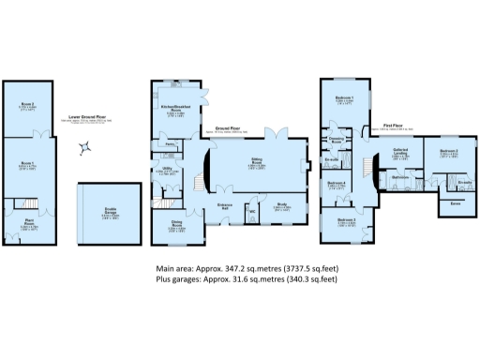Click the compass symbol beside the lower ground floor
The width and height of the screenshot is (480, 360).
tap(85, 146)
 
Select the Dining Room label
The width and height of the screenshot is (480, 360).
tap(176, 223)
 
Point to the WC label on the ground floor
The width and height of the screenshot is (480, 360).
tap(252, 213)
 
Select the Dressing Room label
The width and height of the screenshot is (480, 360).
tap(339, 139)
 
